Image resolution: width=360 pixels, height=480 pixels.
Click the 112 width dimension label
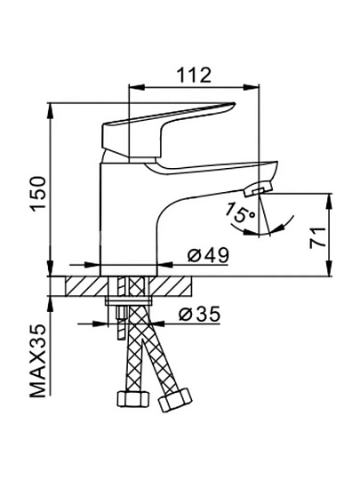(195, 75)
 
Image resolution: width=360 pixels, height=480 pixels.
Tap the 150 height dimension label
(38, 194)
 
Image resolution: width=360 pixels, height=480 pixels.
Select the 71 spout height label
(317, 238)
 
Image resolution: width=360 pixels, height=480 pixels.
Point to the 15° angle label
(240, 212)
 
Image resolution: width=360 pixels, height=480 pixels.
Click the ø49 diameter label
(208, 255)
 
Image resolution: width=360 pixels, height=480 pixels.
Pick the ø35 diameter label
(200, 314)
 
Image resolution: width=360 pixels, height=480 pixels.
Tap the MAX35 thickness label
(38, 361)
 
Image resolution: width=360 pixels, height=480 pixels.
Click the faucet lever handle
(168, 130)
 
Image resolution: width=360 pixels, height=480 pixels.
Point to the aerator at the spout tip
(258, 188)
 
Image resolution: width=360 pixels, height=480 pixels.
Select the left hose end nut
(133, 399)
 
